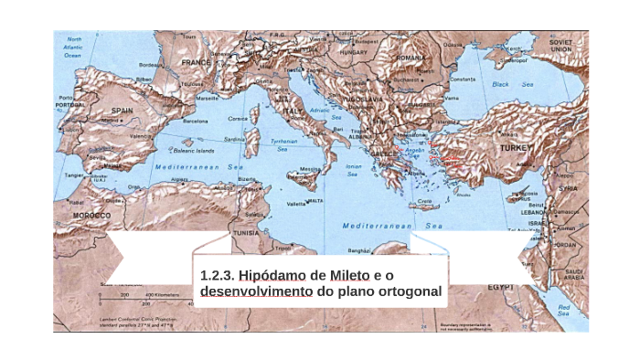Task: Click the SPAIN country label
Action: [x=122, y=111]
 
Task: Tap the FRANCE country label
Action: [x=196, y=62]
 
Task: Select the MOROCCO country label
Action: [x=91, y=216]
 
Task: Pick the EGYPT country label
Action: [x=500, y=287]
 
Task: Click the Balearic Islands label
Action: [x=195, y=151]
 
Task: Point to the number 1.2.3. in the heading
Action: [x=217, y=275]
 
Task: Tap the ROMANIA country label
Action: [x=411, y=57]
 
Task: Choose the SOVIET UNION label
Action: [x=560, y=46]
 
